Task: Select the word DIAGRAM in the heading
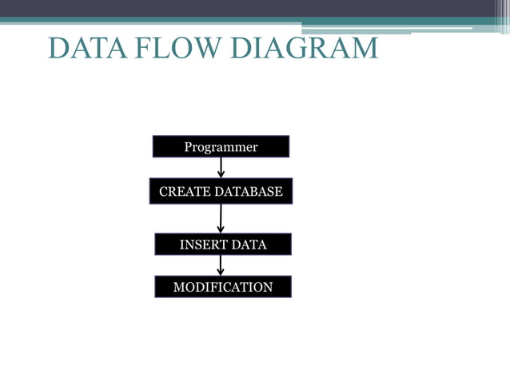(304, 48)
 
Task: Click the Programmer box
(221, 147)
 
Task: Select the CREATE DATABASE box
(221, 192)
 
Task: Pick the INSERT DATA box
(222, 245)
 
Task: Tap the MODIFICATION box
(223, 287)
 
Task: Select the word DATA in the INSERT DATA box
(249, 245)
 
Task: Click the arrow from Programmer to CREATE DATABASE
(221, 167)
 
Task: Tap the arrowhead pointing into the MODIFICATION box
(221, 272)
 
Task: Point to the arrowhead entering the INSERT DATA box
(221, 229)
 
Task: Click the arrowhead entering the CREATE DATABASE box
(221, 174)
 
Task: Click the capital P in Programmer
(189, 147)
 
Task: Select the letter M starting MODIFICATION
(178, 287)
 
